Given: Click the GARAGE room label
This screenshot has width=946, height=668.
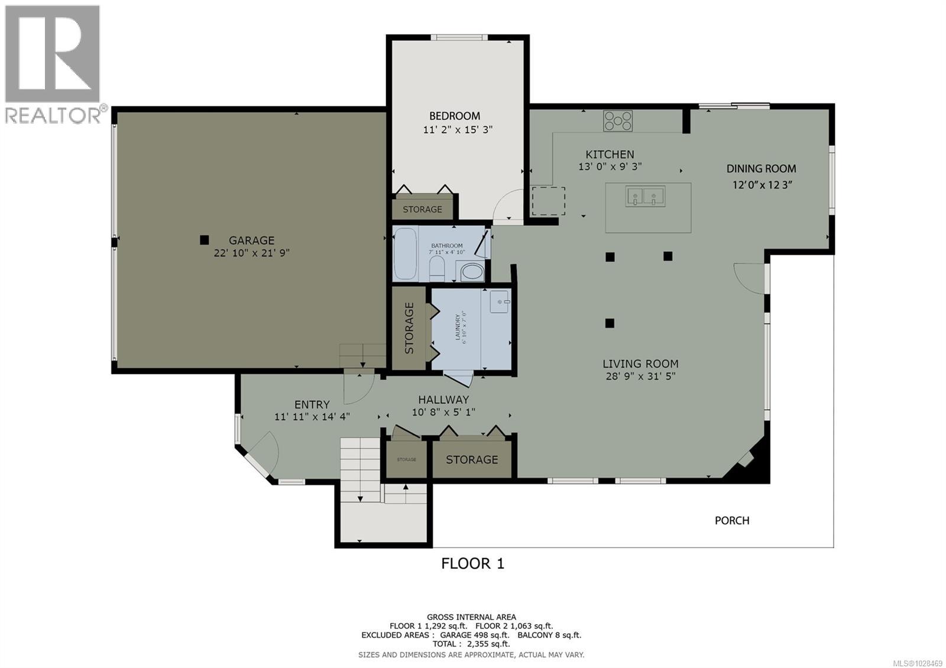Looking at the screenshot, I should coord(251,241).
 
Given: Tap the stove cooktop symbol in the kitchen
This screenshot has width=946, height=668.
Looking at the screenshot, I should coord(617,121).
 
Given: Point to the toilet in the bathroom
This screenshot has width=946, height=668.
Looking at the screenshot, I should coord(437,268).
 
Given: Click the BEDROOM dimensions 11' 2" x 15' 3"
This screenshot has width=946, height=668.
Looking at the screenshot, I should coord(458,129).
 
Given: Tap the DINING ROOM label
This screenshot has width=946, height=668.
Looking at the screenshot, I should coord(761,169).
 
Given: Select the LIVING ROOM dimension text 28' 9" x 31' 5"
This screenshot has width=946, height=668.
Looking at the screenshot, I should coord(640,376).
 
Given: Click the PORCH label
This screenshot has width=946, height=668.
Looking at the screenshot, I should coord(732,520).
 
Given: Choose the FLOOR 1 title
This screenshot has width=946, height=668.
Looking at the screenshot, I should coord(472,563).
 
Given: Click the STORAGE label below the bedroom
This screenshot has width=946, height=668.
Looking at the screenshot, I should coord(422,209).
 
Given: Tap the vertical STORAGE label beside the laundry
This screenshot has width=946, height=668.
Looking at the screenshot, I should coord(409,328).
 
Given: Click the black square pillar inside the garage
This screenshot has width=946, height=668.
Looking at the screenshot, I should coord(204,240).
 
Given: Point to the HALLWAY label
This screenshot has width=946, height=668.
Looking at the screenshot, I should coord(443,400).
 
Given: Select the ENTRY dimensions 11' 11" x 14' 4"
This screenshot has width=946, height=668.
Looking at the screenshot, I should coord(312,416).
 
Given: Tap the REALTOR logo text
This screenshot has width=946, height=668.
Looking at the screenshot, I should coord(53,115).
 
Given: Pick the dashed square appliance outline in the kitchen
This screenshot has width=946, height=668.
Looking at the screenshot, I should coord(548,201).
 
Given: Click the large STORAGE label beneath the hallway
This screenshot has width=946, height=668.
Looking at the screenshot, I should coord(471,459).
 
